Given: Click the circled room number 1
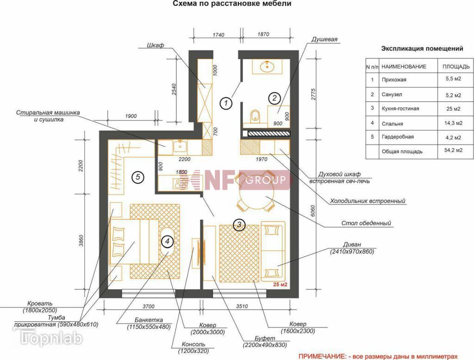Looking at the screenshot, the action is point(226,103).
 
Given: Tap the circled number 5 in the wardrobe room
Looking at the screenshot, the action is point(138,177).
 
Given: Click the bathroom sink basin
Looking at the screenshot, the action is point(267,66).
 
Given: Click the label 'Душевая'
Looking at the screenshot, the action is point(324,40).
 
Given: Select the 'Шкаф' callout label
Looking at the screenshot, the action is point(156,45).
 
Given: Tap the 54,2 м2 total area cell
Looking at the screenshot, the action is point(453,150).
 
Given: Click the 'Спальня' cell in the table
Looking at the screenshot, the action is point(392,124).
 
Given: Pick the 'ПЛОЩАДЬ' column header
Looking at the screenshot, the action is point(456,67).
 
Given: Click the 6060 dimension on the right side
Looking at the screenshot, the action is point(313,211).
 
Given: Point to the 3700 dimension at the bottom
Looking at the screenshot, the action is point(149,306).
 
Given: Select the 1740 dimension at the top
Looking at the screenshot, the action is point(218,35).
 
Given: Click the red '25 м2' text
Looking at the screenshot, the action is point(280,285).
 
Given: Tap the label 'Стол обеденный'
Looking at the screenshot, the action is point(366,223).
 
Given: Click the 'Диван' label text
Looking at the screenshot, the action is point(352,244).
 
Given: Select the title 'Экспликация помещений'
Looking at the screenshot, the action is point(422,49).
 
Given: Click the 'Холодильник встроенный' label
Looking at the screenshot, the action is point(368,201).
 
